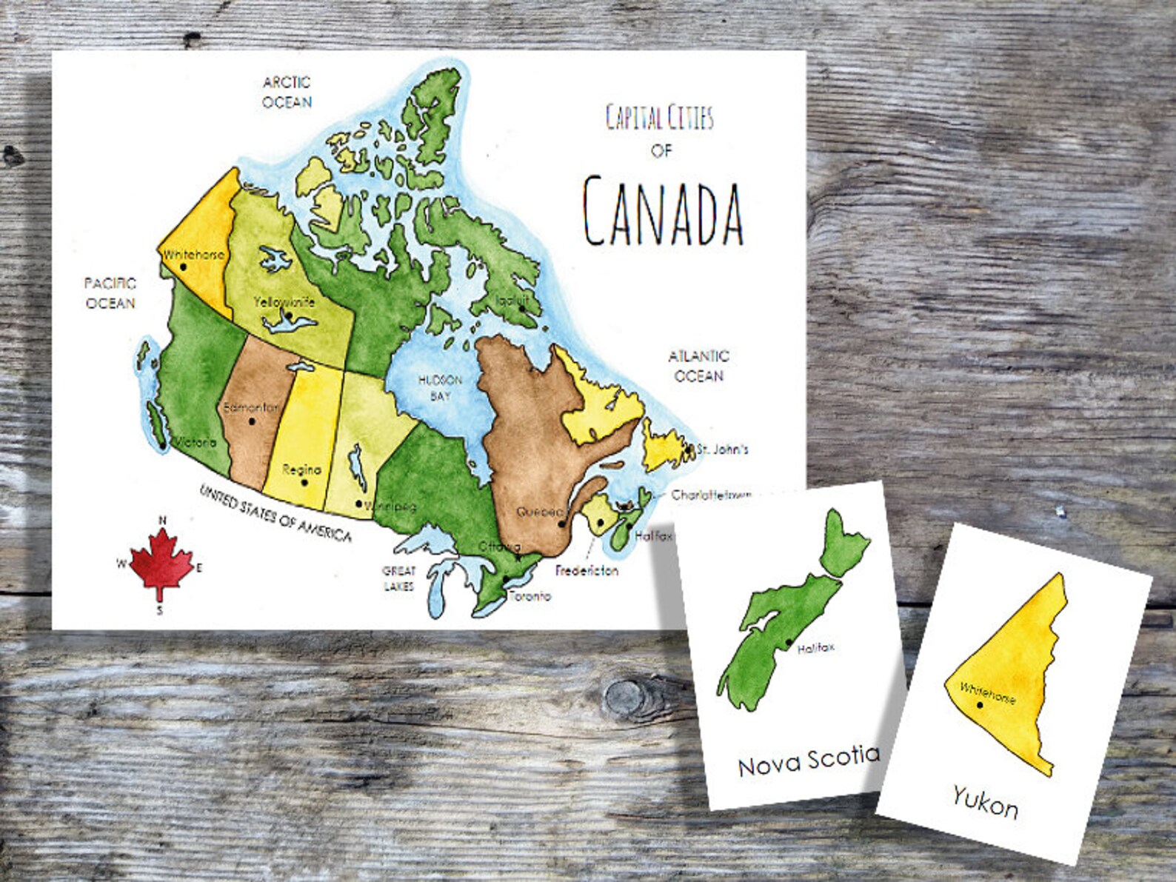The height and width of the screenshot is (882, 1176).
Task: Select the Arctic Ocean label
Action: tap(287, 92)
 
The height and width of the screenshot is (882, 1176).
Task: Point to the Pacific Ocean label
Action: tap(110, 293)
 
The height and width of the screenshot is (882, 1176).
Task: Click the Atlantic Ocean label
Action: tap(698, 366)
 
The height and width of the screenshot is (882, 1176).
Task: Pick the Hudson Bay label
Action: tap(440, 387)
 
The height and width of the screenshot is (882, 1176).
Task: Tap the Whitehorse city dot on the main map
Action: tap(183, 266)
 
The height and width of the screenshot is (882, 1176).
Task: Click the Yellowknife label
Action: tap(284, 302)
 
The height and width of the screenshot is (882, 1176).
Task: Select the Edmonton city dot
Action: tap(253, 421)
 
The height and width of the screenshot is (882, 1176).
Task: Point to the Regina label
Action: tap(301, 470)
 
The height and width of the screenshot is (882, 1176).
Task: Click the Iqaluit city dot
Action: tap(521, 308)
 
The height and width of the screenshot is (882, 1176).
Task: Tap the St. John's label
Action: tap(724, 449)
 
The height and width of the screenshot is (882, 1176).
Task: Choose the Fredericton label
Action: tap(587, 571)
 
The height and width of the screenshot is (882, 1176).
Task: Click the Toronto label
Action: tap(529, 596)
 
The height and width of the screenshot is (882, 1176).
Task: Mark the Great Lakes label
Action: tap(398, 578)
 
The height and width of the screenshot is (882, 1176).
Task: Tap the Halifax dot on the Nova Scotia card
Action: tap(789, 642)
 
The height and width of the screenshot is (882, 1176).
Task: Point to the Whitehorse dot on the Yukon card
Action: tap(980, 705)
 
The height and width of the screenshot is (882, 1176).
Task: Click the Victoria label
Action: tap(196, 442)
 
